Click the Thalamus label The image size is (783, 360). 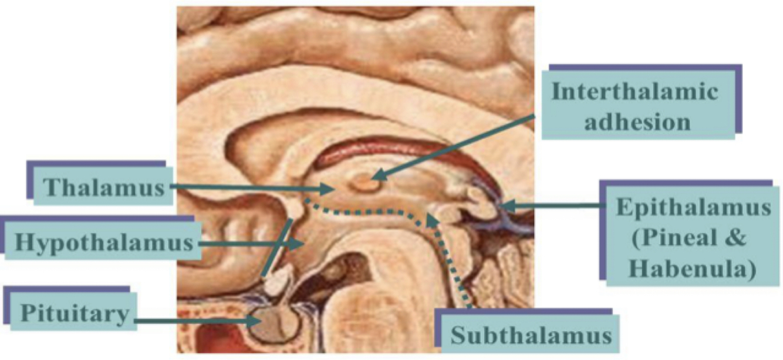click(x=103, y=187)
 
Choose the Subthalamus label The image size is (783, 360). click(x=531, y=336)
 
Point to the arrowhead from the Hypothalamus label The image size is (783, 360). click(x=303, y=243)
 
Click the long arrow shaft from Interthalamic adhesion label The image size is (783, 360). click(x=458, y=146)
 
